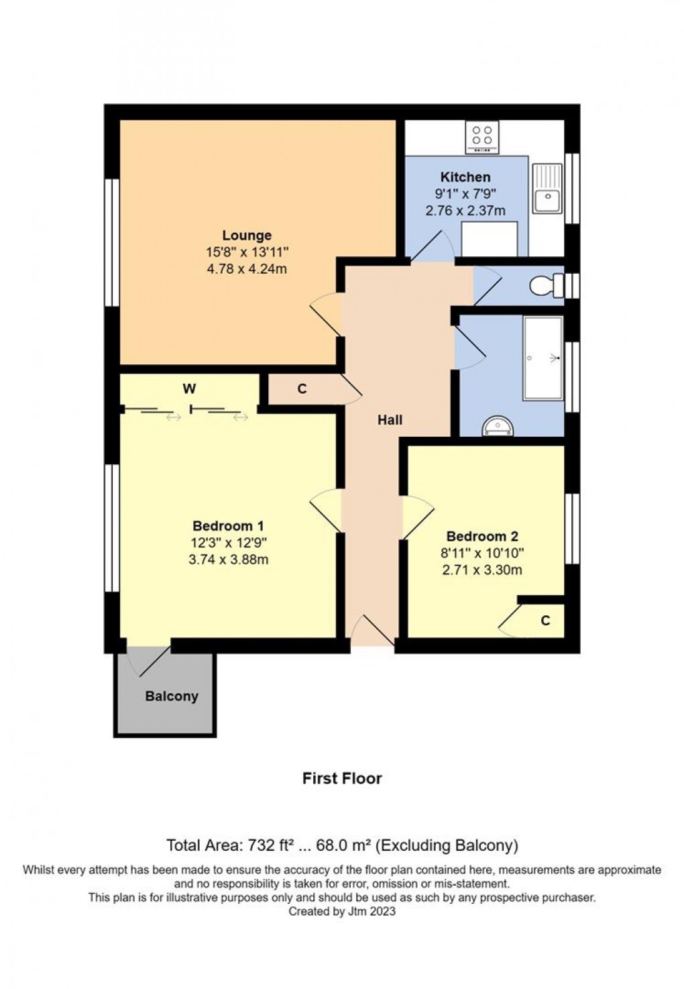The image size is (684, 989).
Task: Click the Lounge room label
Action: [x=247, y=236]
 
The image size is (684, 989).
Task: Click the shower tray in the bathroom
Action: [x=543, y=358]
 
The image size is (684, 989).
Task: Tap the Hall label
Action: [x=390, y=420]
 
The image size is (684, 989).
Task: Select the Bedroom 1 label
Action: [x=228, y=526]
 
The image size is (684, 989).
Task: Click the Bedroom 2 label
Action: [x=482, y=537]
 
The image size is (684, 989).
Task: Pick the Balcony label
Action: [x=172, y=696]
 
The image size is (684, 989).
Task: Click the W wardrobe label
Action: [x=189, y=388]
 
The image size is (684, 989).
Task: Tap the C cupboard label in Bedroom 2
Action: [x=545, y=621]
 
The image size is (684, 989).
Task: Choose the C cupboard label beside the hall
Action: [x=302, y=388]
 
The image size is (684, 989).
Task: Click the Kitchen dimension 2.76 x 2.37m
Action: [x=465, y=211]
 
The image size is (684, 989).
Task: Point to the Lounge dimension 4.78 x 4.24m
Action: [x=247, y=269]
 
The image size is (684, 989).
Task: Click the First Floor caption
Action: [x=342, y=778]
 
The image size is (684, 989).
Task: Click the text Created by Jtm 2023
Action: [x=342, y=911]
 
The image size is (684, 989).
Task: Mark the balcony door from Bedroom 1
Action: [x=149, y=661]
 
